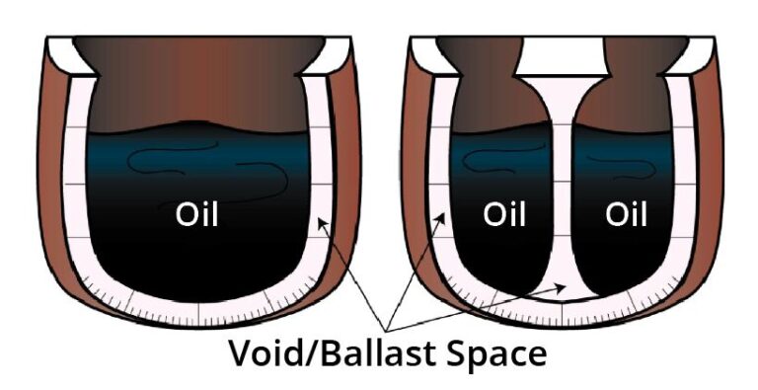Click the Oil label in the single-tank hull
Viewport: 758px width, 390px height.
(196, 214)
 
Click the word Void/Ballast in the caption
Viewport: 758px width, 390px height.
(323, 353)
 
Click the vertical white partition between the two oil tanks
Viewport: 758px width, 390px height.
(563, 197)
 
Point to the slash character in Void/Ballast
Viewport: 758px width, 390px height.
(300, 353)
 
